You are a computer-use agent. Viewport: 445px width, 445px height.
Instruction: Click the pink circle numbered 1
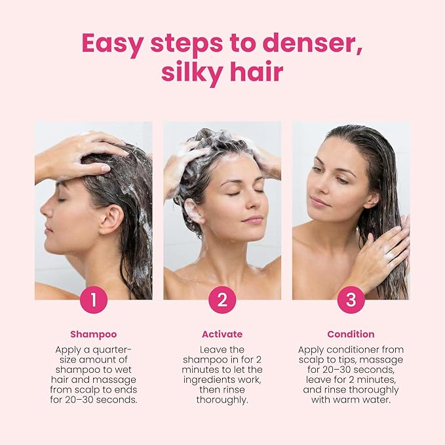point(94,300)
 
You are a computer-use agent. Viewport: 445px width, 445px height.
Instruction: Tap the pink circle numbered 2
point(222,300)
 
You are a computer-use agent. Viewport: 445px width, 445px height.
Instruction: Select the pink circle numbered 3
point(351,300)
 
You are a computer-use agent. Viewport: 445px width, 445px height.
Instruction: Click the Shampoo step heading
point(94,334)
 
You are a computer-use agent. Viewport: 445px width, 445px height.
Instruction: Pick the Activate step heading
point(222,334)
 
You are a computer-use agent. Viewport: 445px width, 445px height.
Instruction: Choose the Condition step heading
point(351,334)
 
